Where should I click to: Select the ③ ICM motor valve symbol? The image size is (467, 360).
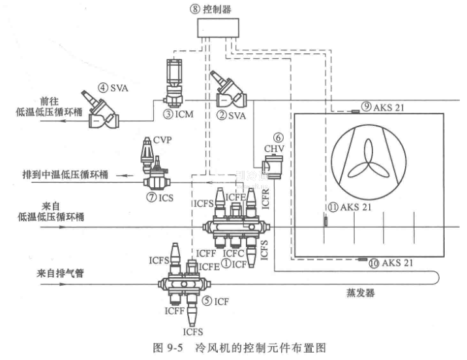(x=173, y=85)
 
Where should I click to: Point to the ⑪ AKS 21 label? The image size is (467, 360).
(x=349, y=207)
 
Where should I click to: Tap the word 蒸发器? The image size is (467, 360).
(x=363, y=294)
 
